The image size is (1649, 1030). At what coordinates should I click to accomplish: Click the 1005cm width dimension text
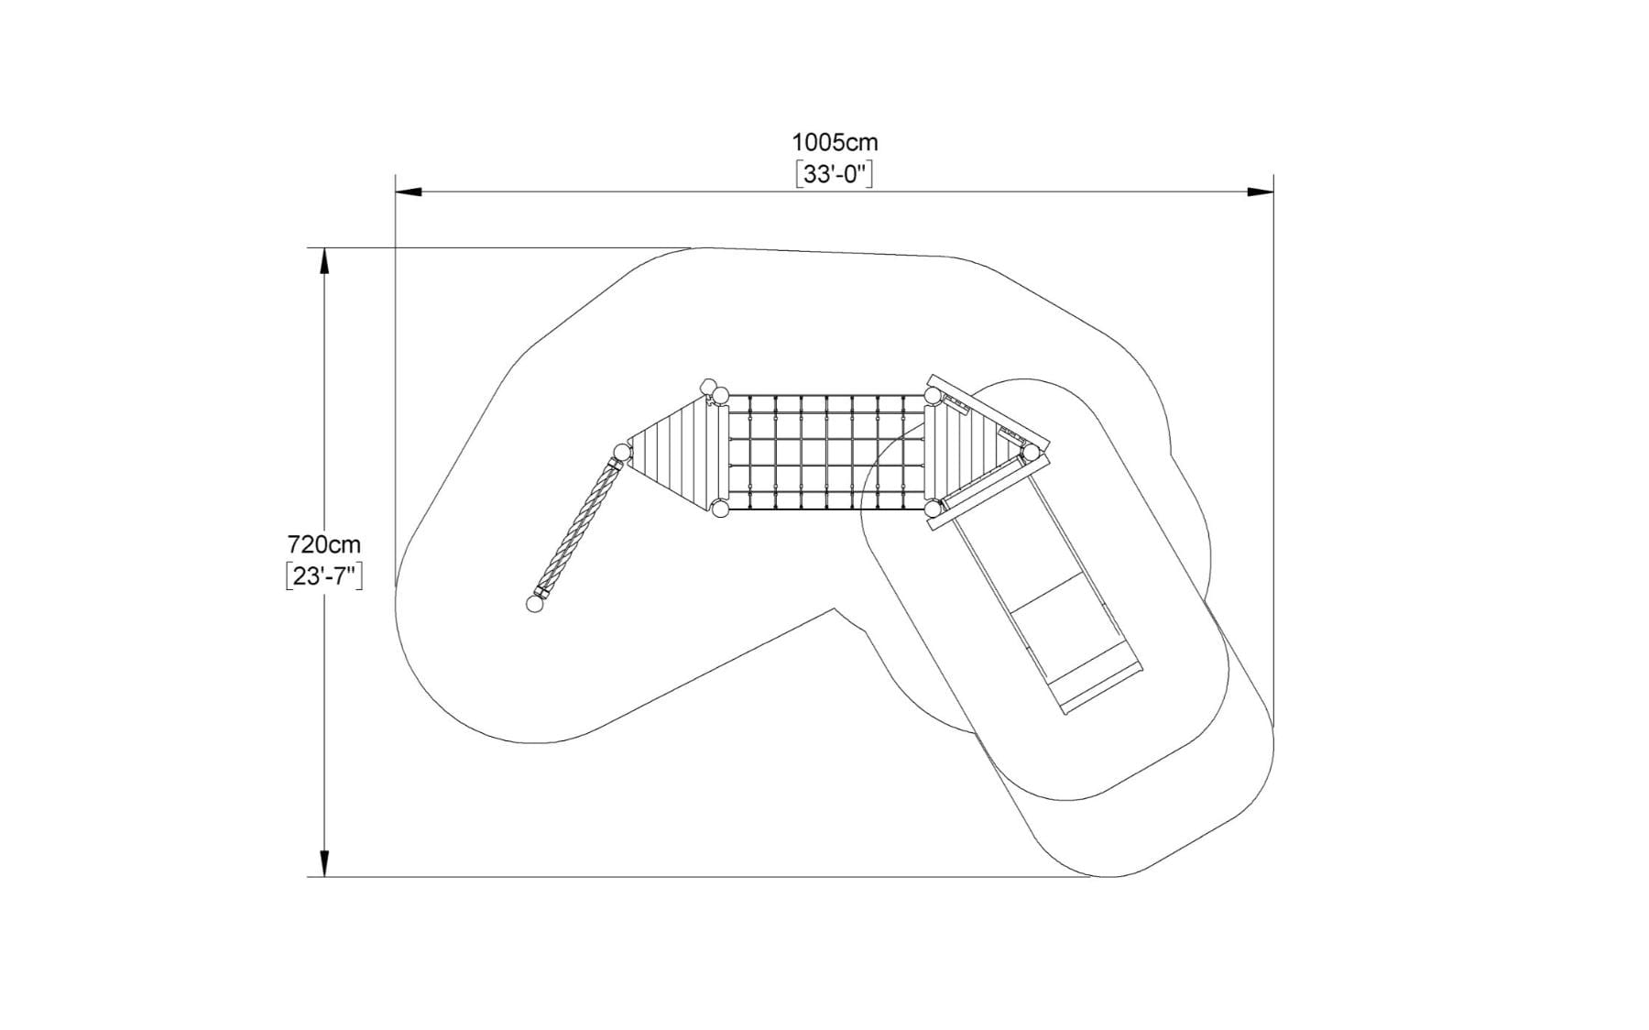pyautogui.click(x=835, y=143)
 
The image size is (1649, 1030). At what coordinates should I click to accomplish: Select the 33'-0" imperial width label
pyautogui.click(x=835, y=174)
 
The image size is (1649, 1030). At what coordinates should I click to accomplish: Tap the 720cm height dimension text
pyautogui.click(x=324, y=544)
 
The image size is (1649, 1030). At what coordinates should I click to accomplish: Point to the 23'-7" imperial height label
pyautogui.click(x=324, y=576)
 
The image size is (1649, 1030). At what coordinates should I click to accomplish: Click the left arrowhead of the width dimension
pyautogui.click(x=409, y=192)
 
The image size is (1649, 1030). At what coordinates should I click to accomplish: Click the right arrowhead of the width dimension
pyautogui.click(x=1261, y=192)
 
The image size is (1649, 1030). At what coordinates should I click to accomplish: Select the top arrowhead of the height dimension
pyautogui.click(x=323, y=261)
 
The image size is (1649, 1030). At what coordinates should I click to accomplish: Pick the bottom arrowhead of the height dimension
pyautogui.click(x=323, y=863)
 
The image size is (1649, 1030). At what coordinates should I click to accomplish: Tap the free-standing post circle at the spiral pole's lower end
pyautogui.click(x=535, y=604)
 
